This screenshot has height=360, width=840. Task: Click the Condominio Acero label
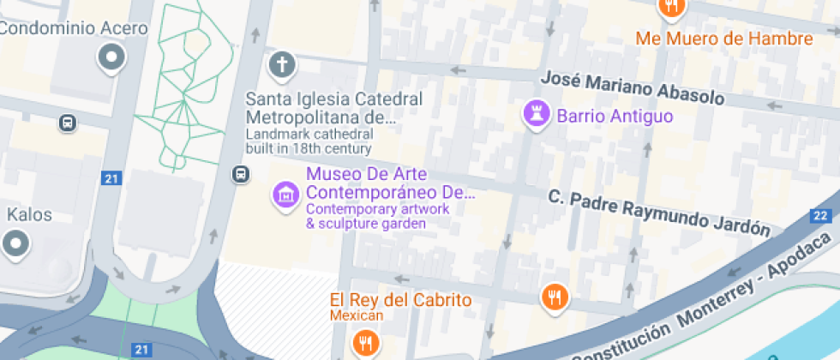tap(74, 28)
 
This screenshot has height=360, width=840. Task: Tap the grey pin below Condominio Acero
tap(111, 58)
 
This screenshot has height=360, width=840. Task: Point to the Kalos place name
tap(30, 214)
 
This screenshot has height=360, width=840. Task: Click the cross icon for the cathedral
tap(281, 63)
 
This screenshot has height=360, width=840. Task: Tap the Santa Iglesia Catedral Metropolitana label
tap(334, 107)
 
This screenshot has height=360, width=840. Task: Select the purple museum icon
tap(285, 195)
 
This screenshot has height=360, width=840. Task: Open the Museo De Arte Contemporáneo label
tap(390, 183)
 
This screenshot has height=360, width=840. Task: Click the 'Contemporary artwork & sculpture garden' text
tap(366, 216)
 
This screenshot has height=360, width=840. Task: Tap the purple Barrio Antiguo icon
tap(537, 112)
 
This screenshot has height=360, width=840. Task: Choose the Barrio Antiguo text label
tap(615, 116)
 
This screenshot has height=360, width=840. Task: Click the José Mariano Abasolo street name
tap(633, 87)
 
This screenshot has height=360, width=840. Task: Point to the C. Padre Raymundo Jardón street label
tap(659, 212)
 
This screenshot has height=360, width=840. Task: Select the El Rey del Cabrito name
tap(401, 301)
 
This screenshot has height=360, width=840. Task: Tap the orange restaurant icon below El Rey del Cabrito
tap(366, 344)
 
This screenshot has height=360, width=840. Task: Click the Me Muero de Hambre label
tap(723, 39)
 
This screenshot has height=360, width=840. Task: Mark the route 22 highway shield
tap(820, 215)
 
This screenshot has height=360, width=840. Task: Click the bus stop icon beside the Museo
tap(241, 175)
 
